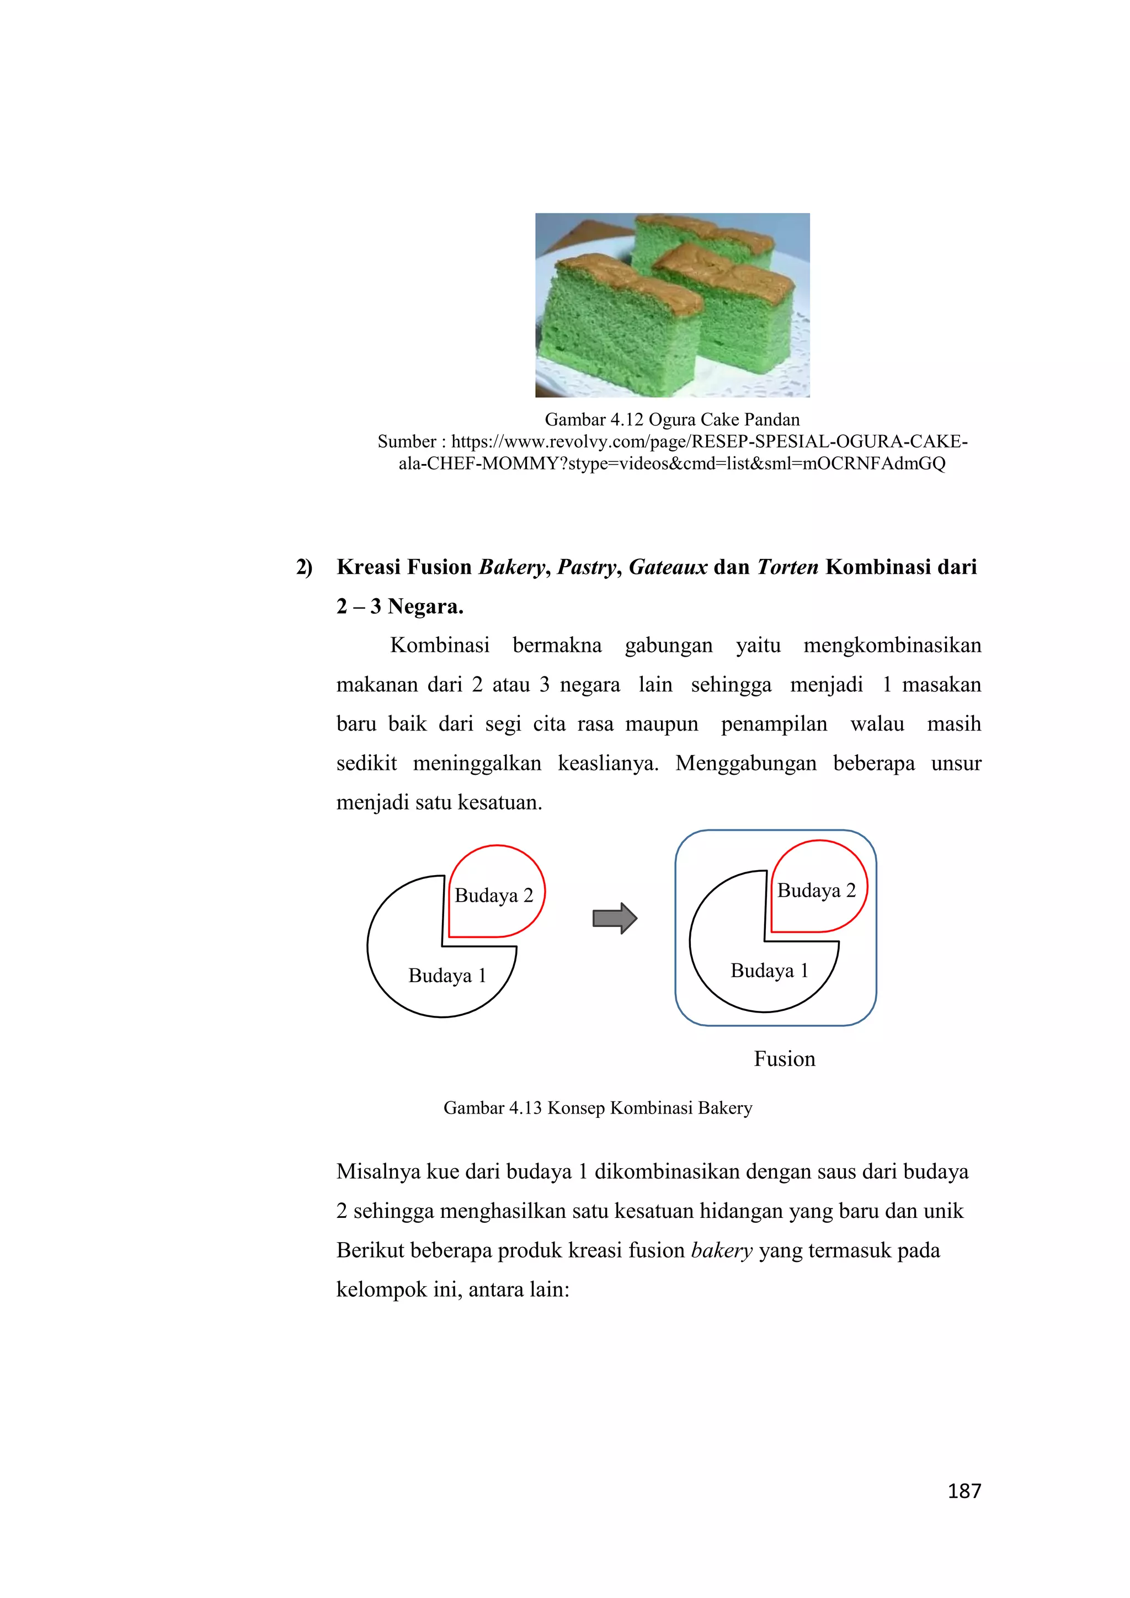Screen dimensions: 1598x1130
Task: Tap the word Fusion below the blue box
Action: click(x=784, y=1058)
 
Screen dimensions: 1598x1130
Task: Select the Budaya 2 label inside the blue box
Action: click(x=816, y=890)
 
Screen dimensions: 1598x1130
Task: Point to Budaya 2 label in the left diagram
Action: click(x=493, y=895)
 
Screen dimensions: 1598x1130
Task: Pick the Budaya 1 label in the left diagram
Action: click(x=447, y=975)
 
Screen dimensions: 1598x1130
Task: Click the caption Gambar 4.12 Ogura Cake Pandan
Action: click(x=671, y=420)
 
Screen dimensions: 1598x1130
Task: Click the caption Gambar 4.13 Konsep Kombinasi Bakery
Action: click(x=598, y=1107)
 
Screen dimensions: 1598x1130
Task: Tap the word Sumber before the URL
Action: click(x=406, y=441)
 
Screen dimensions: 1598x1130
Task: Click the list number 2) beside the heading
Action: click(x=304, y=567)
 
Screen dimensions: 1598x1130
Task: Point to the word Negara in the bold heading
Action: click(x=424, y=606)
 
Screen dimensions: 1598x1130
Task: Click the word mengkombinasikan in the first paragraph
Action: click(x=892, y=645)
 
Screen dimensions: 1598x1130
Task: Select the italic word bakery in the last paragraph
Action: click(x=722, y=1250)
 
